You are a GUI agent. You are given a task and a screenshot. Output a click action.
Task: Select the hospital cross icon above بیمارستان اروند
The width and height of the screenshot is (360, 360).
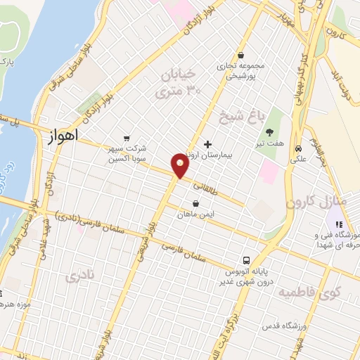[x=207, y=143]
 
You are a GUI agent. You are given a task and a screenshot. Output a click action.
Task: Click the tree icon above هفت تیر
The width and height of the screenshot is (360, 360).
[x=270, y=131]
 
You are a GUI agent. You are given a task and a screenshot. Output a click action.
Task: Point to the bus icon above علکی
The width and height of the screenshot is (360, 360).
[x=300, y=148]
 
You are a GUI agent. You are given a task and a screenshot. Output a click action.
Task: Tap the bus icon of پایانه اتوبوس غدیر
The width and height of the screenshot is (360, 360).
[x=246, y=259]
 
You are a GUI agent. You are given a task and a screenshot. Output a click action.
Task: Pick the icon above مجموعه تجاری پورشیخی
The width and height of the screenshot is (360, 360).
[x=240, y=55]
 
